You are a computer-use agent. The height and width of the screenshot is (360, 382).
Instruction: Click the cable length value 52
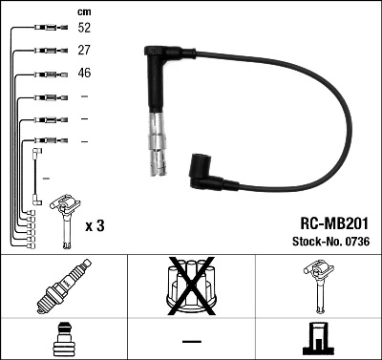[x=83, y=29]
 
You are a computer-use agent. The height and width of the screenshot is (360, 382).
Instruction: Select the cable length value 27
[x=83, y=50]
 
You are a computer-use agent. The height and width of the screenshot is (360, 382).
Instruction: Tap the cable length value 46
[x=83, y=72]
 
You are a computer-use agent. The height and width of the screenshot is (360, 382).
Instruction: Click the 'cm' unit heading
[x=83, y=11]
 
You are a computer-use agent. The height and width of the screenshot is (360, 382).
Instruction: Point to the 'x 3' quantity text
[x=95, y=225]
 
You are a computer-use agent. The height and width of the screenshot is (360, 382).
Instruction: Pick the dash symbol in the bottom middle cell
[x=191, y=340]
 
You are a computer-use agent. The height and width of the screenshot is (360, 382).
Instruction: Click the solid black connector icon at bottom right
[x=318, y=340]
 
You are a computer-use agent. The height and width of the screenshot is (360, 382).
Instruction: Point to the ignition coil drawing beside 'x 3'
[x=66, y=218]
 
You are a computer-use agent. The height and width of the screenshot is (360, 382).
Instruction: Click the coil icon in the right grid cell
[x=318, y=286]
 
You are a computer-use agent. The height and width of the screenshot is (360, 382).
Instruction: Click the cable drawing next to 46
[x=44, y=73]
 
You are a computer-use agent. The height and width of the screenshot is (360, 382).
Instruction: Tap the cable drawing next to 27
[x=44, y=51]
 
